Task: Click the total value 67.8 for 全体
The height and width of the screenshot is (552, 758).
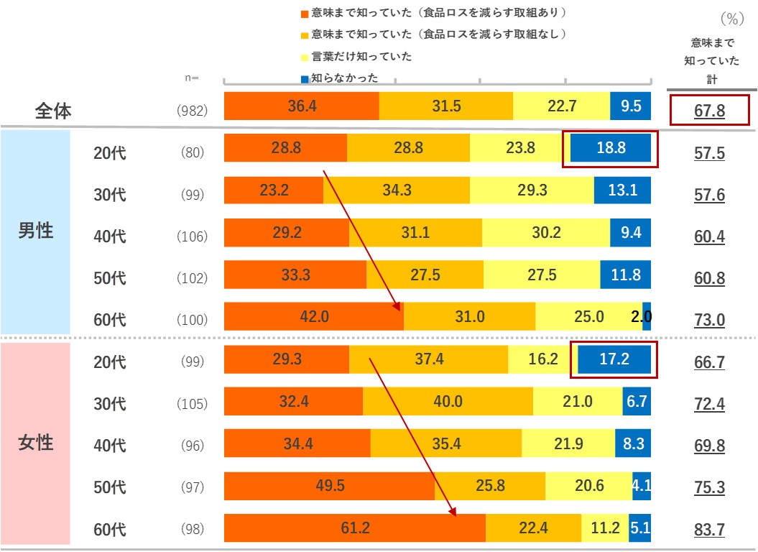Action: coord(709,111)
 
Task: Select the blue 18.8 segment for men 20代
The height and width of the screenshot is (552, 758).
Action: coord(611,149)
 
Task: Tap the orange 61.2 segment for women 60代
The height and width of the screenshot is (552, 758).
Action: coord(355,528)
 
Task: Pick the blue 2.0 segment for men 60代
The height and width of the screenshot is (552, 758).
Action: coord(647,316)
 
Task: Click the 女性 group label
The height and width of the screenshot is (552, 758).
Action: coord(35,443)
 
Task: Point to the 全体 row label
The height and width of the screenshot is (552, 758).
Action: coord(54,111)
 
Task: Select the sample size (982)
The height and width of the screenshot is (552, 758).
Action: coord(192,111)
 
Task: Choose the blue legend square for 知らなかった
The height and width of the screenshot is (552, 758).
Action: coord(305,78)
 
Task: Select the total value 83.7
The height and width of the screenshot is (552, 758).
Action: coord(709,530)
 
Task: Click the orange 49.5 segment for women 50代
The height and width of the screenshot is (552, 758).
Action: coord(330,486)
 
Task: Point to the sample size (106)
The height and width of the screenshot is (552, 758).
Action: coord(192,236)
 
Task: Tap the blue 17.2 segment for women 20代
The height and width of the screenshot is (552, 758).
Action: coord(614,359)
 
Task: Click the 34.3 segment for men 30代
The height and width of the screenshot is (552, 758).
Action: coord(397,190)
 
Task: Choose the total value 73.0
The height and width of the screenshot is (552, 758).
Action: coord(709,320)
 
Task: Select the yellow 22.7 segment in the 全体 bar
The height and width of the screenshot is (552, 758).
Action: coord(562,106)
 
